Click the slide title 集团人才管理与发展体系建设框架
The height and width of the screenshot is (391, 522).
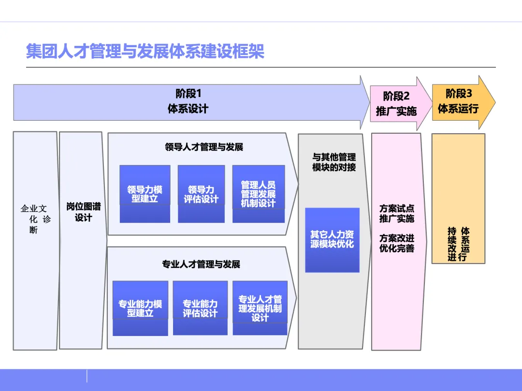145,51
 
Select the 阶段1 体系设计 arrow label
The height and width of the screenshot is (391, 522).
188,101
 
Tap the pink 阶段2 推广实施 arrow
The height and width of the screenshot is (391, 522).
396,104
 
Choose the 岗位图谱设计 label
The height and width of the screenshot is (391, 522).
84,212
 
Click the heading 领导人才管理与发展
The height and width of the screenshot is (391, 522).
204,147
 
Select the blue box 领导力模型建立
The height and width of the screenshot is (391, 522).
145,194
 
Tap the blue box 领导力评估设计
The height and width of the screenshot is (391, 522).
201,194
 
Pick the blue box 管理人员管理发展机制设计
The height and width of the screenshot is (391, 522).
259,194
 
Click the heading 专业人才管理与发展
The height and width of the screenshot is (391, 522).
201,265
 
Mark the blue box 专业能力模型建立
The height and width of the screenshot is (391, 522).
140,308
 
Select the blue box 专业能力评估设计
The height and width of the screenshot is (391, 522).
200,308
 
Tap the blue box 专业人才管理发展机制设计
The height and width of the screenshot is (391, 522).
260,308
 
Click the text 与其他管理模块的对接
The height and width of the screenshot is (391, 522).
334,162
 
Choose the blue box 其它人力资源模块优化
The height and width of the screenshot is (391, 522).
332,239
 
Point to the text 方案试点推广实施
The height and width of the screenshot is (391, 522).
397,213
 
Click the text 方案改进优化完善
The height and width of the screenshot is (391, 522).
397,243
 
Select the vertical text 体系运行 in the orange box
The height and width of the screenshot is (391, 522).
464,244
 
